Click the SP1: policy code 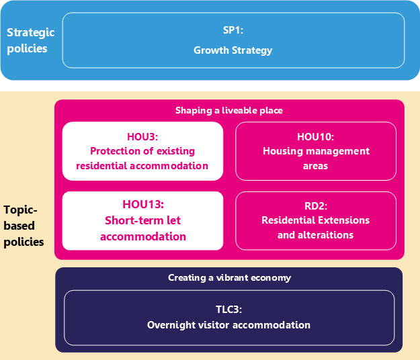pos(233,30)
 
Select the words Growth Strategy pos(233,50)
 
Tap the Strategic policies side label pos(30,40)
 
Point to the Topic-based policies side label pos(24,226)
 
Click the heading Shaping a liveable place pos(229,110)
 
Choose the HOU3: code pos(142,137)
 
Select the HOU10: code pos(316,137)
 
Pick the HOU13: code pos(143,204)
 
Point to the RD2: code pos(316,206)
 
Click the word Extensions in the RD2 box pos(343,220)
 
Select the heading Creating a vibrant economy pos(230,278)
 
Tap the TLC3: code pos(228,310)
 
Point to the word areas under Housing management pos(316,166)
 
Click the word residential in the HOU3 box pos(101,166)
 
